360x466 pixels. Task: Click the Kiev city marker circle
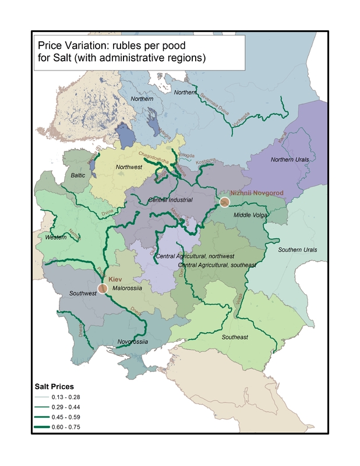pyautogui.click(x=103, y=288)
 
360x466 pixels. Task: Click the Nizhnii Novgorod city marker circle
pyautogui.click(x=225, y=202)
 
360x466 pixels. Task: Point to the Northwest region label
pyautogui.click(x=129, y=167)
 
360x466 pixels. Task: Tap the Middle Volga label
pyautogui.click(x=250, y=215)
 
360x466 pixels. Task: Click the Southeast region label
pyautogui.click(x=235, y=337)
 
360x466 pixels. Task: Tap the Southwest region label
pyautogui.click(x=83, y=293)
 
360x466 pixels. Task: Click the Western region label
pyautogui.click(x=56, y=237)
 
